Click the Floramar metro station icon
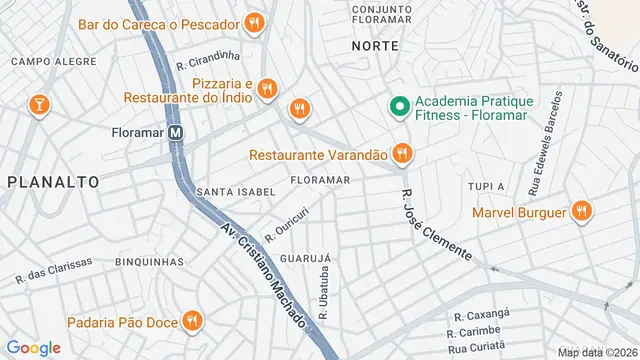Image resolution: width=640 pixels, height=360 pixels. tap(176, 132)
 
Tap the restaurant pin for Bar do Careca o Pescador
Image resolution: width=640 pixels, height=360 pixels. tap(255, 22)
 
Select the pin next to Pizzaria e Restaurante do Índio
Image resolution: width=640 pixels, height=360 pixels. tap(266, 90)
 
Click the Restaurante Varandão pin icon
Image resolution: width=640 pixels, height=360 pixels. tap(402, 154)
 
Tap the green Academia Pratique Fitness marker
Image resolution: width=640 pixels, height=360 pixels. tap(398, 104)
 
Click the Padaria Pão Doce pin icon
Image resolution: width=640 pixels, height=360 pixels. tap(193, 321)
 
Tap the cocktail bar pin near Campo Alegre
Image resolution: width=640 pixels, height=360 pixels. tap(39, 104)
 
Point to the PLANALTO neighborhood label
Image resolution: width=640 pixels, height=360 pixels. tap(53, 182)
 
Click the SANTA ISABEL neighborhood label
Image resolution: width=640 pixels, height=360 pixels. tap(235, 191)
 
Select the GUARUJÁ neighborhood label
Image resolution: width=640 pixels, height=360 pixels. tap(305, 258)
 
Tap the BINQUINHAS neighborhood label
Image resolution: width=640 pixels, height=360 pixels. tap(149, 262)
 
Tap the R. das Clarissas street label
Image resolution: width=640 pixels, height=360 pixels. tap(53, 269)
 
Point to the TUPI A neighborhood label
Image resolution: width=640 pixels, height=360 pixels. tap(487, 187)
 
